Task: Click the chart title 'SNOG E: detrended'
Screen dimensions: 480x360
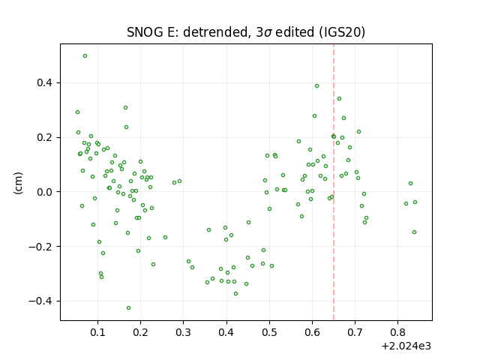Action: pos(187,32)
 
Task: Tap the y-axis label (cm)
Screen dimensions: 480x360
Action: pos(18,183)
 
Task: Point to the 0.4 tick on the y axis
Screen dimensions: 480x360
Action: pos(44,83)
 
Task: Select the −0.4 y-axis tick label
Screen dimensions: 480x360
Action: pos(40,301)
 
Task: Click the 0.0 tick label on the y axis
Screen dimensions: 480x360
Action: pos(44,192)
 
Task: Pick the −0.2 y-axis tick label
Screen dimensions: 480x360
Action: pos(40,247)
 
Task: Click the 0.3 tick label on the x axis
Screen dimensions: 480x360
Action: pos(183,332)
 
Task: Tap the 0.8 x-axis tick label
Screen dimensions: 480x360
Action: pos(397,332)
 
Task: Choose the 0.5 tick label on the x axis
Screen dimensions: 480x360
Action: pos(269,332)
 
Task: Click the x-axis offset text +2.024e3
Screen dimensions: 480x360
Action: pos(406,346)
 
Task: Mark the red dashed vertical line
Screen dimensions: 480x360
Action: pos(334,182)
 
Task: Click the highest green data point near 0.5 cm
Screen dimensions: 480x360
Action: pos(85,56)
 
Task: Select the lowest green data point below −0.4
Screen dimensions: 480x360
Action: pos(128,308)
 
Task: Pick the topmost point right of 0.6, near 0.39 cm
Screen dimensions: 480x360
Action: pos(316,86)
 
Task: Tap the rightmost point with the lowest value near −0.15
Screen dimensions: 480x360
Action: pos(414,232)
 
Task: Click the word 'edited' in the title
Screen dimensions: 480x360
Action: pos(295,32)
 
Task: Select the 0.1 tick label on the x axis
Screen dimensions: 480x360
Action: pos(97,332)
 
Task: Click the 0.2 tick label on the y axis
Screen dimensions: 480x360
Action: pos(44,137)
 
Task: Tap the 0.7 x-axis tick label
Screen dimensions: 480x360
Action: pos(355,332)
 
